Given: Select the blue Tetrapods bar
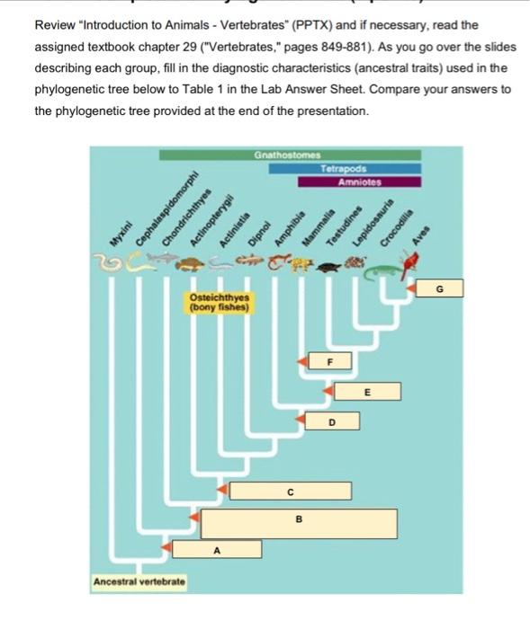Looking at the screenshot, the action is [x=357, y=168].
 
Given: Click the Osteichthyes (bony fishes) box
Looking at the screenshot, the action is [x=219, y=303].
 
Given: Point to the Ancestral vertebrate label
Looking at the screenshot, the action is [x=139, y=582].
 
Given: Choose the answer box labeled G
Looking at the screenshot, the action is [x=439, y=288].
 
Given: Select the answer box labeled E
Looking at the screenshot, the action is [x=366, y=393].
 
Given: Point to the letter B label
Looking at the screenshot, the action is [x=299, y=520].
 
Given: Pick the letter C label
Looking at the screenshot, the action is [x=290, y=492].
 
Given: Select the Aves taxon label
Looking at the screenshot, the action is [x=419, y=236].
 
